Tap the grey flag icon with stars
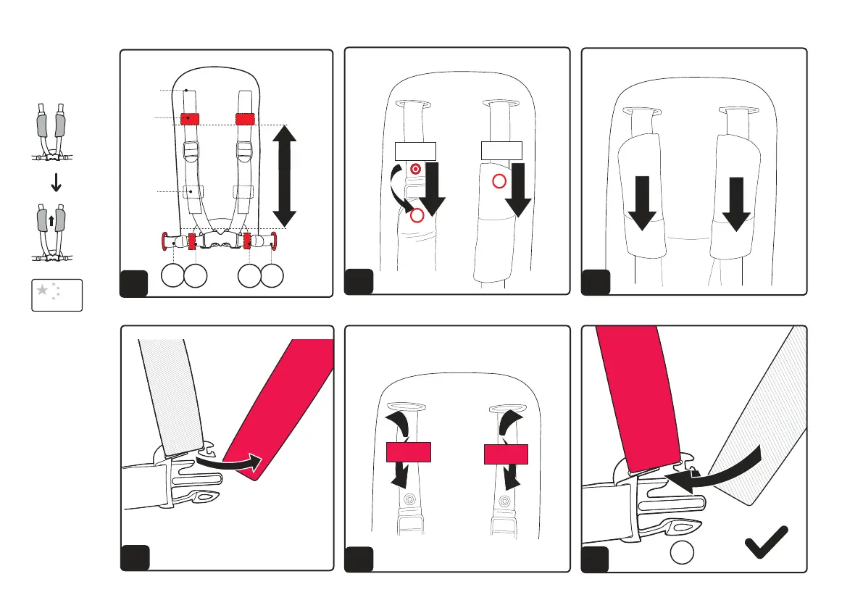point(57,294)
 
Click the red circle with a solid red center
point(415,169)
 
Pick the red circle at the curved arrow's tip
point(417,216)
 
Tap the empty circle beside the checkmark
point(683,553)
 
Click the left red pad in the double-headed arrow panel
point(190,118)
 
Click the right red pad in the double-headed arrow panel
point(246,118)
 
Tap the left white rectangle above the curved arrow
point(416,151)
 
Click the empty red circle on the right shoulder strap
point(499,181)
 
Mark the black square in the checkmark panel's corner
point(596,559)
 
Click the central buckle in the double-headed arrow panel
point(218,239)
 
